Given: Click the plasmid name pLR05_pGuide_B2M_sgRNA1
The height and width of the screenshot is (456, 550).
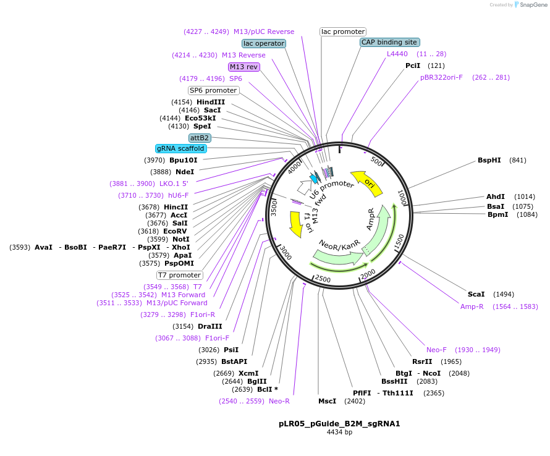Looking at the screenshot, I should (339, 424).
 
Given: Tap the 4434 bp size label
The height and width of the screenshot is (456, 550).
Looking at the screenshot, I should (339, 433).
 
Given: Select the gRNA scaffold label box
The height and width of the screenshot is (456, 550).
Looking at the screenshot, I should (180, 148).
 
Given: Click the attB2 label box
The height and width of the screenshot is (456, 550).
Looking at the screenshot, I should (200, 137).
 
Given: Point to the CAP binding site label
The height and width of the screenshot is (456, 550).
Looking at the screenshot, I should (389, 42).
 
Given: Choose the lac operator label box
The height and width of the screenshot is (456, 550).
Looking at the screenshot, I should (264, 43).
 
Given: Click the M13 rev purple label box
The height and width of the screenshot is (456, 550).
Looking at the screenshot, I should (243, 67).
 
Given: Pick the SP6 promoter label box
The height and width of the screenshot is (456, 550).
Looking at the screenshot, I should (213, 90).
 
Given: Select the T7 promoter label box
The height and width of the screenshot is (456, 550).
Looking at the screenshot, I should (179, 275).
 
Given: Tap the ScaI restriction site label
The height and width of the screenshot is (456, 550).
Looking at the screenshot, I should (476, 294).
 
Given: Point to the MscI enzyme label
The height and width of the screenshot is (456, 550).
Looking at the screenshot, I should (327, 401).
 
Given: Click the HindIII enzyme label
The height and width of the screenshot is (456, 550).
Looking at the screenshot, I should (211, 102).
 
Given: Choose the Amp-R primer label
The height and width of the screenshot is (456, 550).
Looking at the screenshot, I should (472, 306).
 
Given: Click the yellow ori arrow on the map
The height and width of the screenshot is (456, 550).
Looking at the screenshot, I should (364, 180).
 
